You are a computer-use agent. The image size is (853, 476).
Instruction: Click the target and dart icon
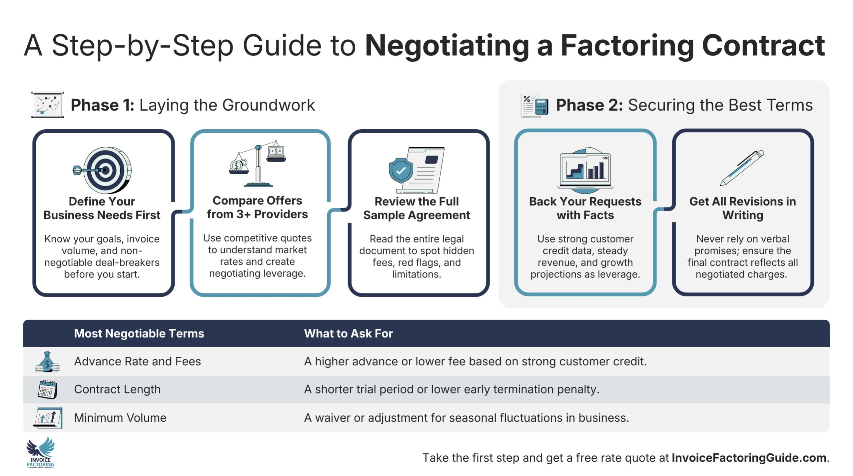(x=103, y=170)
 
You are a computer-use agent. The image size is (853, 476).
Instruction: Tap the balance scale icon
(x=258, y=164)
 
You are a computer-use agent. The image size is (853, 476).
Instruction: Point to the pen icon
(x=742, y=168)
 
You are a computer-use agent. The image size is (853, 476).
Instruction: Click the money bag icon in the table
(x=47, y=362)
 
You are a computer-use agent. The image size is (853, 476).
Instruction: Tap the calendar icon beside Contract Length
(x=47, y=389)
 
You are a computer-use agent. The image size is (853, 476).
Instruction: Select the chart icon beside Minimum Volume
(x=48, y=418)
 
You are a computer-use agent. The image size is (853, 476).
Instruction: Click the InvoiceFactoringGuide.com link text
(x=749, y=458)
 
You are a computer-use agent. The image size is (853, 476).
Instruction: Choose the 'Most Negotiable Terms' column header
(x=139, y=333)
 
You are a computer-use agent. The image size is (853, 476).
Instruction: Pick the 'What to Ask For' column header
(x=348, y=333)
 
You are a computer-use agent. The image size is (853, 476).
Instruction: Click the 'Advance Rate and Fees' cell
(x=137, y=361)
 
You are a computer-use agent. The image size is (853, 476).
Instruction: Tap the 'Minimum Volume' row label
(x=120, y=418)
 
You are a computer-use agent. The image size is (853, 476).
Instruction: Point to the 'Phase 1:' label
(x=102, y=105)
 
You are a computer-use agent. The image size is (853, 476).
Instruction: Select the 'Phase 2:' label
(x=589, y=105)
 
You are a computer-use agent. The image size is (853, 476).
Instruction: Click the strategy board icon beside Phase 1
(x=48, y=105)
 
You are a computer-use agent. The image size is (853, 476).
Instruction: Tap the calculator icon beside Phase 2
(x=534, y=106)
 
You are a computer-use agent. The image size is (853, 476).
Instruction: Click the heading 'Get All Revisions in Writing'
(x=742, y=208)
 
